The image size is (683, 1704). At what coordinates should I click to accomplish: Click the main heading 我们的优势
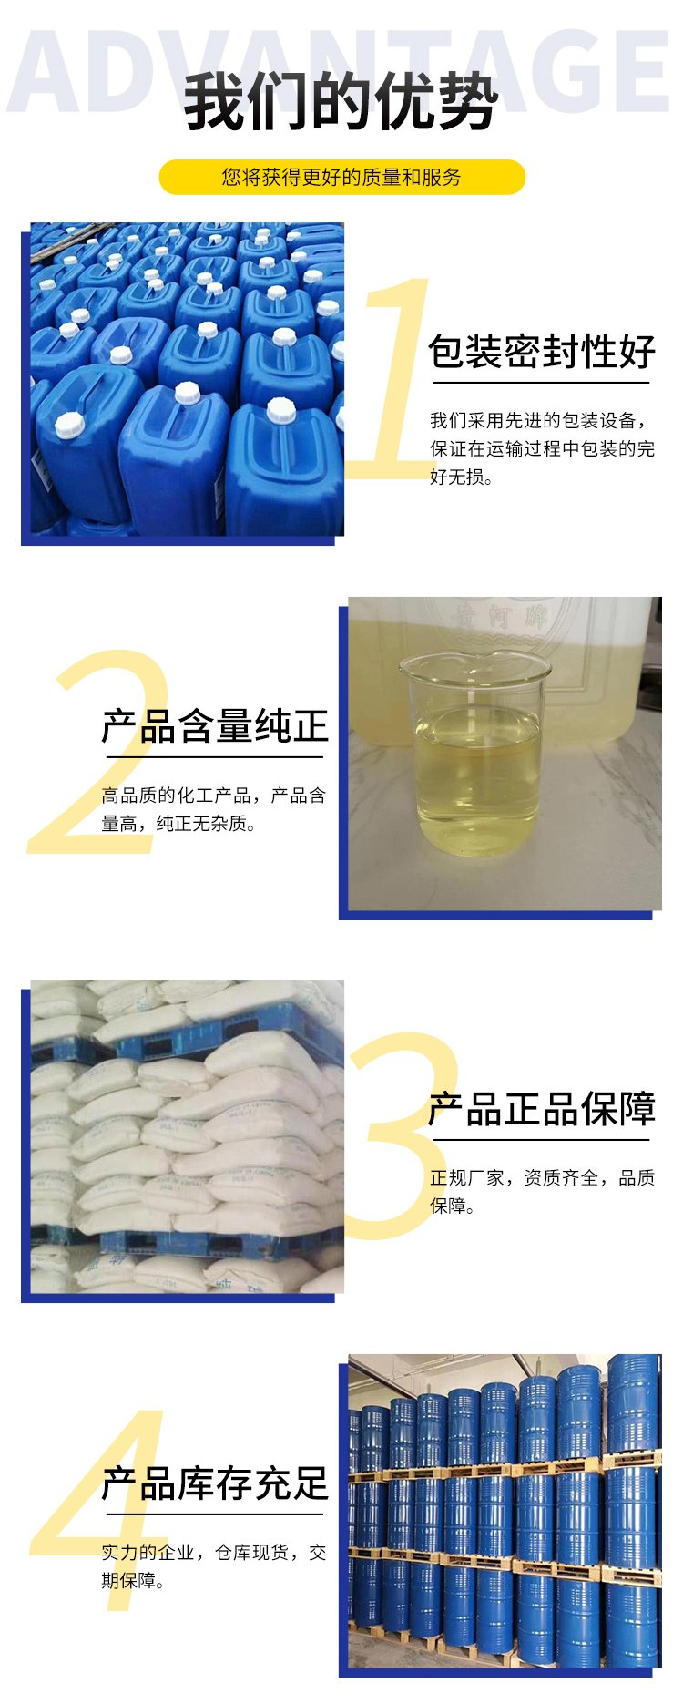tap(341, 103)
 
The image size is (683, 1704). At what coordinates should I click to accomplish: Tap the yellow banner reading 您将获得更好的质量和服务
tap(342, 177)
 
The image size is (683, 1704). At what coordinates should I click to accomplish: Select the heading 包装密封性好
tap(542, 352)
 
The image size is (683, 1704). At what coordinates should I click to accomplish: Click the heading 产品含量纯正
tap(215, 726)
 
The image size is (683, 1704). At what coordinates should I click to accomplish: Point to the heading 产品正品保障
tap(542, 1109)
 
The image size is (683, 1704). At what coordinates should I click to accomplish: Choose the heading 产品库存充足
tap(215, 1483)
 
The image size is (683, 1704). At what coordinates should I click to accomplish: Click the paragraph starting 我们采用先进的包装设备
tap(542, 448)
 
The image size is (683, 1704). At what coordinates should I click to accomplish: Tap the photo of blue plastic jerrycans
tap(188, 379)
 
